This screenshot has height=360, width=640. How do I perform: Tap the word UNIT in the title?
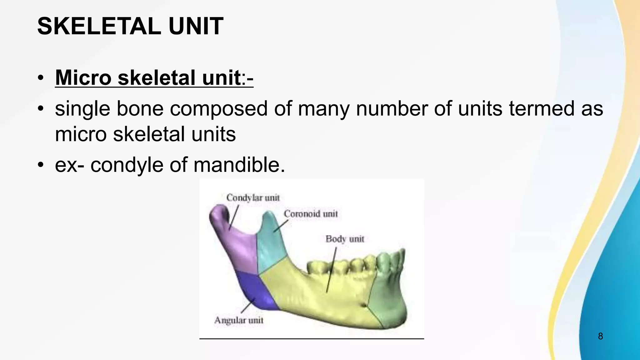pos(196,26)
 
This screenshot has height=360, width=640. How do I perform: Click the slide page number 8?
pos(600,336)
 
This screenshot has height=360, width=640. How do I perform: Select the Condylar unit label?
pos(253,198)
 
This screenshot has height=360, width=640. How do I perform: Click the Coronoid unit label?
pos(311,214)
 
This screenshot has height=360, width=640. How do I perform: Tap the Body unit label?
pos(345,239)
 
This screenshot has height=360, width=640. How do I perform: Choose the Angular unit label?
pos(239,320)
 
